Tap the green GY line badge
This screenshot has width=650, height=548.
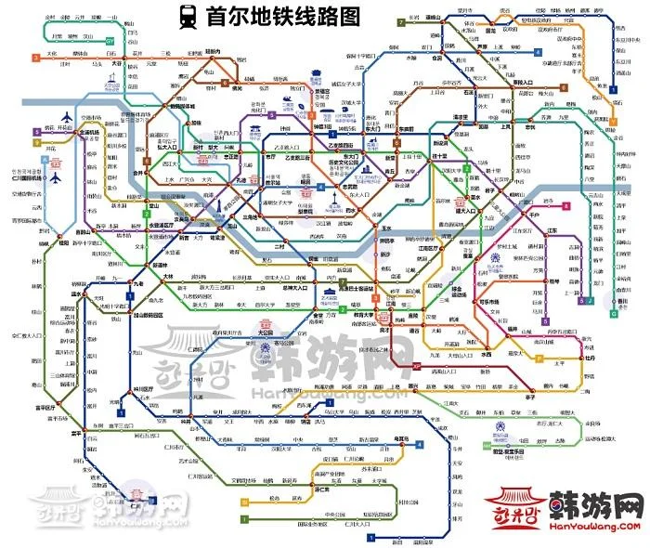[110, 42]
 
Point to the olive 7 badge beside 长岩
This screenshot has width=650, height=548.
[399, 21]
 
